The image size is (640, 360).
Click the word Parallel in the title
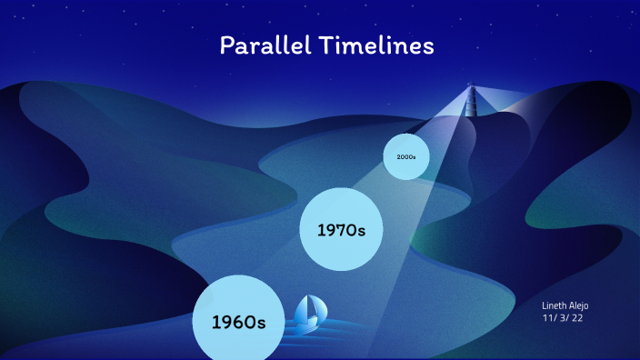[x=263, y=45]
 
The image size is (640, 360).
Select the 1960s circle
[x=237, y=319]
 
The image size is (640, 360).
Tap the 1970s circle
[x=341, y=228]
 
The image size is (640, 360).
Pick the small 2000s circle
[x=405, y=156]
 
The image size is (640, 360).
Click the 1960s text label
[x=237, y=322]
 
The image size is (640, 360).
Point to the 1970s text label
[x=341, y=231]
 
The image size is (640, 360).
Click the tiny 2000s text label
[x=405, y=156]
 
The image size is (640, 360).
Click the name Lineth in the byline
[x=555, y=306]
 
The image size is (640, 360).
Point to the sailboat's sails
[x=308, y=308]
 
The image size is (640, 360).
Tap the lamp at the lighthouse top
[x=471, y=86]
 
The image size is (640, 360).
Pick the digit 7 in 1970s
[x=337, y=231]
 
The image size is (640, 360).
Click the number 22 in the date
[x=576, y=319]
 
